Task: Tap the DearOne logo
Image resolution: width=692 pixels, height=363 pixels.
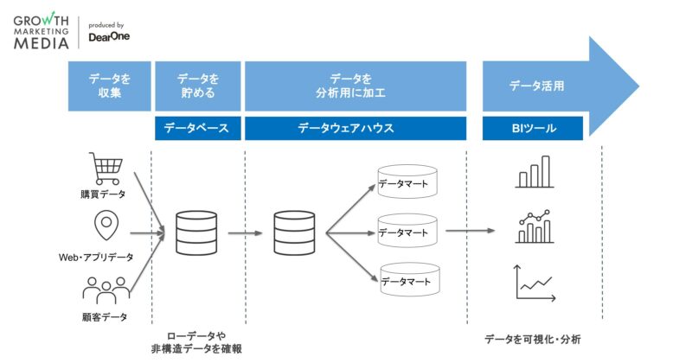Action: click(x=108, y=36)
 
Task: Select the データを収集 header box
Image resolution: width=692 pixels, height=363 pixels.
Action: click(x=110, y=86)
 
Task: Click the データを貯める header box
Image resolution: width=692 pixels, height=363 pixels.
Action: click(x=196, y=86)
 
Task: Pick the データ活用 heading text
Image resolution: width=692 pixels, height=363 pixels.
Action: click(x=536, y=86)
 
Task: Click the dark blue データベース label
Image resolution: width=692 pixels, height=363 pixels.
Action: click(x=196, y=128)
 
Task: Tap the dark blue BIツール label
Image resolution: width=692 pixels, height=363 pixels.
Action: click(x=532, y=128)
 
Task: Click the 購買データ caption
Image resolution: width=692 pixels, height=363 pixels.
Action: click(x=105, y=194)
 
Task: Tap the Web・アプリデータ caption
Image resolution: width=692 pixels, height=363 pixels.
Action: click(x=96, y=257)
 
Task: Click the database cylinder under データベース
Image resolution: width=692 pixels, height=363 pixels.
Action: click(x=196, y=232)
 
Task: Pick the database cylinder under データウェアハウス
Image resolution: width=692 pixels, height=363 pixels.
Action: click(x=294, y=232)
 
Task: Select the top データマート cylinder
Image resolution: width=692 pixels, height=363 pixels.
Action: click(x=407, y=181)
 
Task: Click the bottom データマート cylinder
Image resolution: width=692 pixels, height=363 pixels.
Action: click(x=407, y=281)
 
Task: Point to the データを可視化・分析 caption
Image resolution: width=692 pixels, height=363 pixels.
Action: click(x=532, y=339)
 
